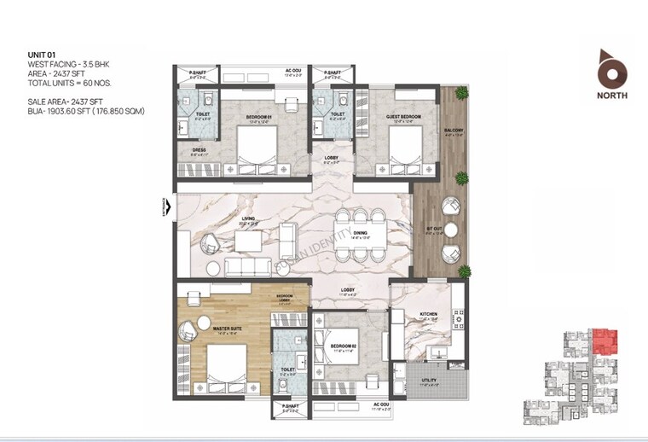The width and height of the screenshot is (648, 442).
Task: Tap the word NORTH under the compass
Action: [612, 96]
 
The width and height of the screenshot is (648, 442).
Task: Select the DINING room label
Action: [360, 233]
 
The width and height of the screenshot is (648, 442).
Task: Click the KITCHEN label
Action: [429, 315]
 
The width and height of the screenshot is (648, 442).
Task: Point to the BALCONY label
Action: [454, 131]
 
